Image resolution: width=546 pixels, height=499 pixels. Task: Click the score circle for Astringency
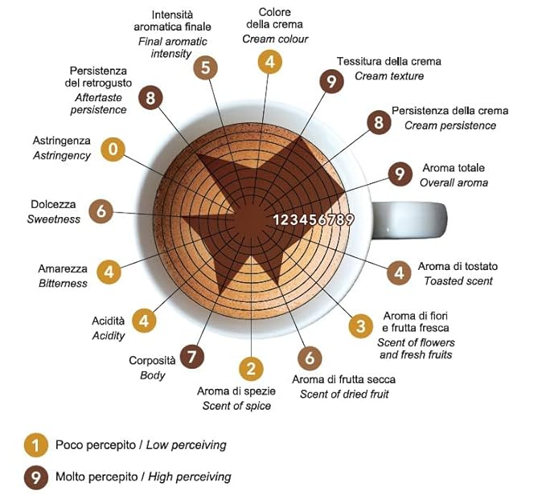(x=113, y=149)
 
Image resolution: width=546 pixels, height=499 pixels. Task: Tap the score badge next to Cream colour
(x=270, y=62)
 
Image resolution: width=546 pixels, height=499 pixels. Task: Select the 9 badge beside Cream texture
(x=331, y=81)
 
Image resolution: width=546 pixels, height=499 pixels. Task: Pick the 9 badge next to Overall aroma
(x=400, y=174)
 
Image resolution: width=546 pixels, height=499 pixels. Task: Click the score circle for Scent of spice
(x=251, y=369)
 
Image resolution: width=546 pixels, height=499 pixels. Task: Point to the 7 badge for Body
(x=192, y=356)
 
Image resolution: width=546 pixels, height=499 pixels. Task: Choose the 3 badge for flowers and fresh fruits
(x=361, y=325)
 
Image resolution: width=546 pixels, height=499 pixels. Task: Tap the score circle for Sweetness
(x=101, y=211)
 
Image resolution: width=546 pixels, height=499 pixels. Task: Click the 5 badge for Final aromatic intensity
(x=205, y=67)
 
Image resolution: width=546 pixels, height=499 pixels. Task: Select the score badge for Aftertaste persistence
(x=150, y=97)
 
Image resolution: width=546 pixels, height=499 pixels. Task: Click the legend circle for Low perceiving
(x=36, y=445)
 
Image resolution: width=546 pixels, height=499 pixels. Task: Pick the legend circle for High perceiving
(x=36, y=477)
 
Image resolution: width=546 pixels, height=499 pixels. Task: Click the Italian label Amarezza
(x=63, y=269)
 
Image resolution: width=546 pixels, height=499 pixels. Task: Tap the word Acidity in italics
(x=109, y=336)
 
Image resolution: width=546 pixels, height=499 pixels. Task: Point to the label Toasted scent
(x=458, y=280)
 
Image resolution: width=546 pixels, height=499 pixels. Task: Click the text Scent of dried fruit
(x=344, y=394)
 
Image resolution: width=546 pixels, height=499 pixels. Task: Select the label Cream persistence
(x=450, y=125)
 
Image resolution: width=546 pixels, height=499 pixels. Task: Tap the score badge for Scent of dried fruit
(x=310, y=358)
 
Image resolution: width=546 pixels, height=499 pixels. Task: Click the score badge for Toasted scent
(x=399, y=273)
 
